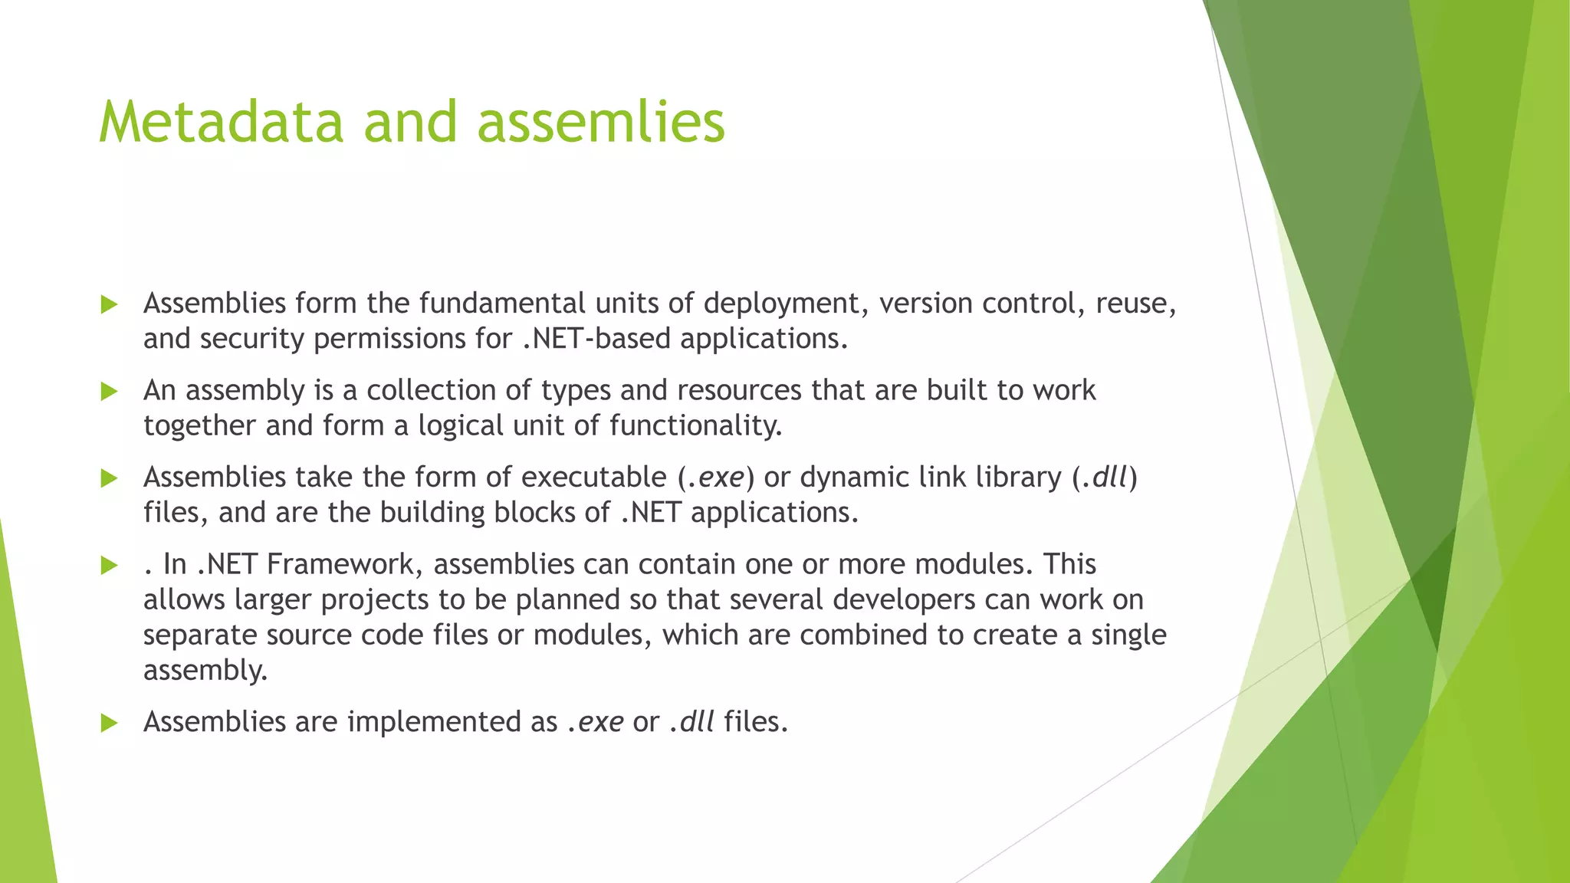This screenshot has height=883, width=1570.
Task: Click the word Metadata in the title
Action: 221,123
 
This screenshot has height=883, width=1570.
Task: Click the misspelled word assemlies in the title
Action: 600,123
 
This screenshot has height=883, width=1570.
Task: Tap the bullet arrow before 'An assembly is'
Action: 109,392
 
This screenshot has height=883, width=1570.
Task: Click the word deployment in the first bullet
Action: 786,304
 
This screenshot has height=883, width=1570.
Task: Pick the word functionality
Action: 695,426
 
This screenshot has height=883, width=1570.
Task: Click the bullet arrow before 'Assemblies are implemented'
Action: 109,723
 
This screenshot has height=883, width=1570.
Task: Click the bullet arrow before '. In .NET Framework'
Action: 109,566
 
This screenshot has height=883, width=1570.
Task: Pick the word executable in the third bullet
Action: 594,478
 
